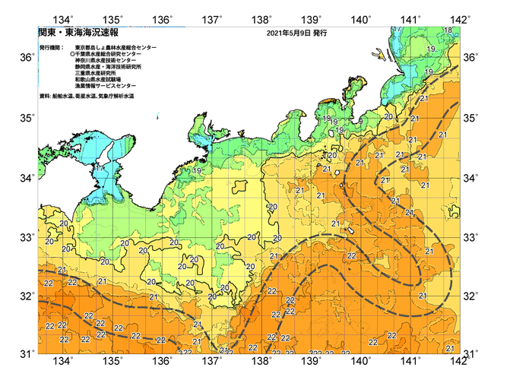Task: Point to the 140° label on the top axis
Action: click(361, 19)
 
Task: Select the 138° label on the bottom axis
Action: click(262, 362)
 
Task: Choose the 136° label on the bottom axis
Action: click(163, 362)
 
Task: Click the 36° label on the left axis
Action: click(27, 58)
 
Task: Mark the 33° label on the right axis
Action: click(470, 237)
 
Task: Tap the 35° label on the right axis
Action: click(470, 118)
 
